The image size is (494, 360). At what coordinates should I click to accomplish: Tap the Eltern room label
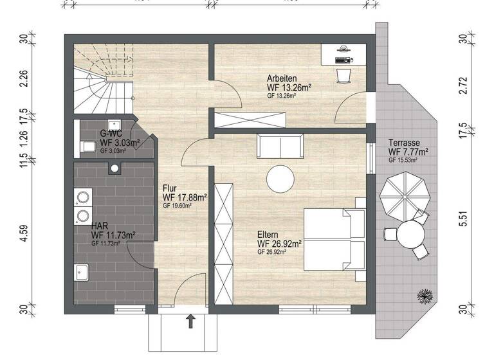[268, 235]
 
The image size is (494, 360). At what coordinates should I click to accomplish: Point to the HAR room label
[99, 226]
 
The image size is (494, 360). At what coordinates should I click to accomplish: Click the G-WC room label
[111, 133]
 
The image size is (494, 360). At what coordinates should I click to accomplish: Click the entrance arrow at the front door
[190, 321]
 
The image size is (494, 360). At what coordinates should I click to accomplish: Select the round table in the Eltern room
[282, 178]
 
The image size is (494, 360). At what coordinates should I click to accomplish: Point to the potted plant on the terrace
[425, 296]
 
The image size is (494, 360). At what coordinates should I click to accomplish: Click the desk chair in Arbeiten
[343, 75]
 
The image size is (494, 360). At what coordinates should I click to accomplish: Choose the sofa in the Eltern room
[280, 147]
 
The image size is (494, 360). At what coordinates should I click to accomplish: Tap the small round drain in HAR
[114, 170]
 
